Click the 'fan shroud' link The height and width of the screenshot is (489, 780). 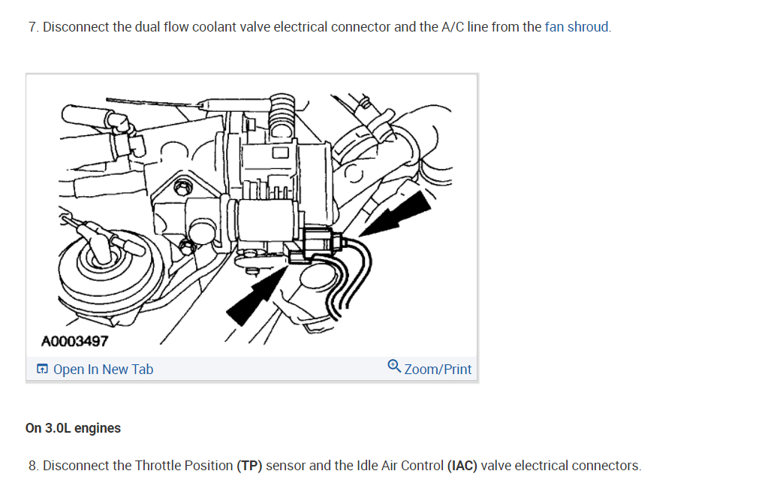pos(577,27)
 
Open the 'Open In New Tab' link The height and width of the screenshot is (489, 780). pos(103,369)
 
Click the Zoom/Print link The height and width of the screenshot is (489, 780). pos(438,369)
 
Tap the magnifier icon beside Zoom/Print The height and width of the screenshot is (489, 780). pos(395,367)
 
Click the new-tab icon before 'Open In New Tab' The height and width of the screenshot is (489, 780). pos(43,369)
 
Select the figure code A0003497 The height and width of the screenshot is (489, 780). pos(75,341)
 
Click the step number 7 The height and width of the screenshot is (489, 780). pos(32,27)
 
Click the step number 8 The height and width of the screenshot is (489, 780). pos(33,466)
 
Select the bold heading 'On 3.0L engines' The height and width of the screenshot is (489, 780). pos(73,428)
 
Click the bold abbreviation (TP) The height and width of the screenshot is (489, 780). pos(250,466)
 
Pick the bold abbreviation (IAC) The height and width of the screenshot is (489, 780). pos(462,466)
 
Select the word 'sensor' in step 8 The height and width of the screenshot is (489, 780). pos(285,466)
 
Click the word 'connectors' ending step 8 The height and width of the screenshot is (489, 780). pos(607,466)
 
